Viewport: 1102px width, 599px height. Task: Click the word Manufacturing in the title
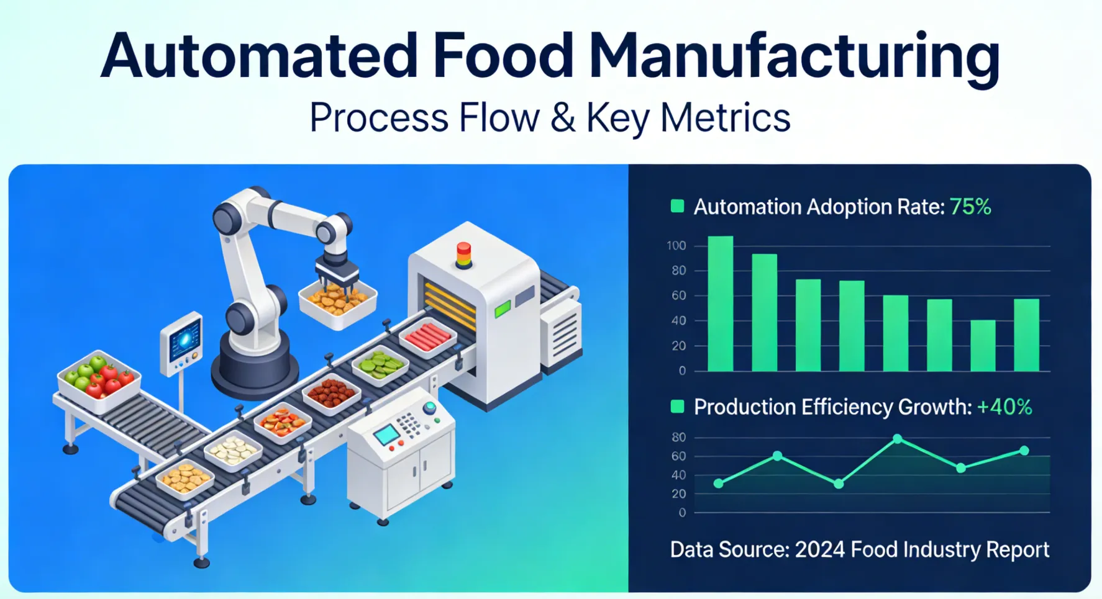click(794, 56)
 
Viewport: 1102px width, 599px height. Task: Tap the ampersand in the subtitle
click(563, 117)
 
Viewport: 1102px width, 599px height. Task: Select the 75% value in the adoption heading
click(970, 207)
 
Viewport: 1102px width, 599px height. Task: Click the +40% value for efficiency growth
click(1004, 407)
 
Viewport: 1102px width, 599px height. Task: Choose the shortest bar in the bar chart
click(983, 345)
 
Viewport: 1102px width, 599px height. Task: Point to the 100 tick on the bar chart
click(676, 246)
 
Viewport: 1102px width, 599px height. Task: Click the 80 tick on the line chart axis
click(679, 438)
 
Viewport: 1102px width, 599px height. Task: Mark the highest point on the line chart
click(898, 439)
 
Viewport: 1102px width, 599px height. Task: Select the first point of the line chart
click(719, 484)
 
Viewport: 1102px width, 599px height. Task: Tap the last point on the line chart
click(1024, 451)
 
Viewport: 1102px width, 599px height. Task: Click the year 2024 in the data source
click(820, 550)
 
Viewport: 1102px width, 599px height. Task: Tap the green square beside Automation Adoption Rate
click(678, 206)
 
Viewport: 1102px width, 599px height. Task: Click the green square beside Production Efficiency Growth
click(678, 407)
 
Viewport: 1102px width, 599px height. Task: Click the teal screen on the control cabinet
click(387, 435)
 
